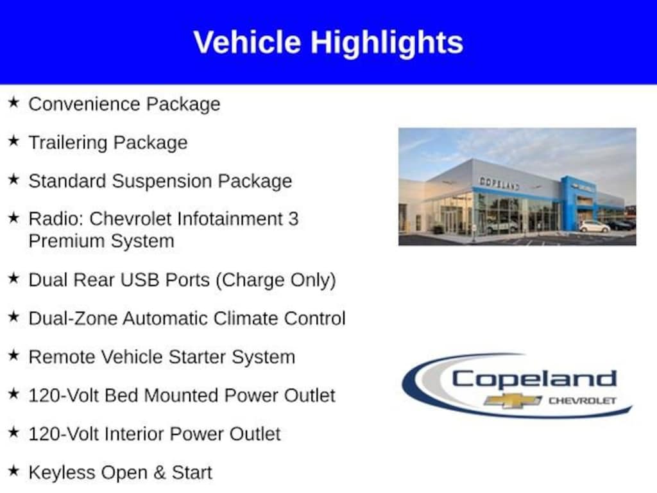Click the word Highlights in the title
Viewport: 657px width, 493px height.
click(x=387, y=44)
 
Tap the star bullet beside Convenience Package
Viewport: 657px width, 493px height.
click(x=13, y=102)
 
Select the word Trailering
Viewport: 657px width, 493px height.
click(x=68, y=143)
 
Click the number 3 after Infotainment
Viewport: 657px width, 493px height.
click(x=293, y=219)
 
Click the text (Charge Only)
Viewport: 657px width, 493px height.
click(x=276, y=281)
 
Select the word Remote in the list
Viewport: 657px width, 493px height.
click(x=62, y=357)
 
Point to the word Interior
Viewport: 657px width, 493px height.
click(x=135, y=434)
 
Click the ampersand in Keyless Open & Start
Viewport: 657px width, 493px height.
click(x=159, y=473)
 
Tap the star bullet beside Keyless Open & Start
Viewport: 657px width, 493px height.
click(x=13, y=471)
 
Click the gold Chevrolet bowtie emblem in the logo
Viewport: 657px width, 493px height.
click(x=513, y=401)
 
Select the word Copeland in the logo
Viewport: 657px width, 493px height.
click(x=534, y=379)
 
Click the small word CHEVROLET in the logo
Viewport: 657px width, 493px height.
click(x=583, y=401)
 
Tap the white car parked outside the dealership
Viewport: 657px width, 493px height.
click(x=594, y=227)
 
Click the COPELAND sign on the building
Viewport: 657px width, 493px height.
click(x=499, y=183)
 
